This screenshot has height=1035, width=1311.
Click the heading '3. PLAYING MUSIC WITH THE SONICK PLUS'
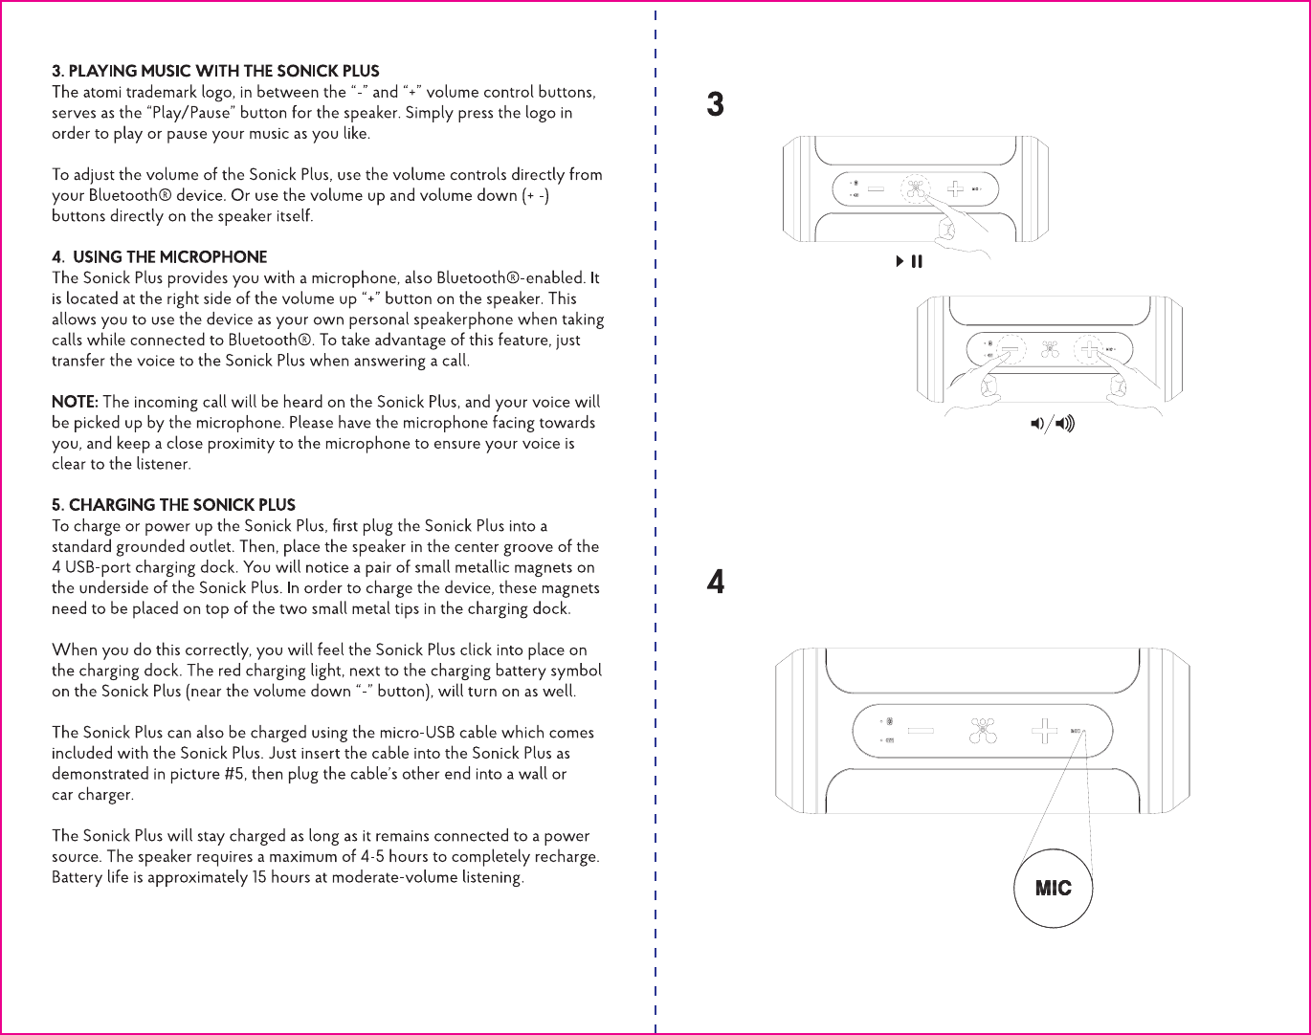(x=215, y=72)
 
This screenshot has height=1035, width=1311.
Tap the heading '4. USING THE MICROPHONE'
(x=160, y=257)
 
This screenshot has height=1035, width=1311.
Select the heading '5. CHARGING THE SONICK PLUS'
(x=173, y=505)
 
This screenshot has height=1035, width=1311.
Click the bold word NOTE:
(x=75, y=402)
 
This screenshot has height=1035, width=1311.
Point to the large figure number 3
(x=715, y=104)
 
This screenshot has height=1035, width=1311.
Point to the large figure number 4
(x=715, y=582)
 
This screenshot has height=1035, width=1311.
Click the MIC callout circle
(x=1053, y=889)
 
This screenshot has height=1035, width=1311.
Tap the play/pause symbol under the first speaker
(x=909, y=261)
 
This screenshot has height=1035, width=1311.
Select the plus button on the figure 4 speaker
(x=1043, y=733)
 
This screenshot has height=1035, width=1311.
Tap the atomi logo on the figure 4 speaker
(x=982, y=732)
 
